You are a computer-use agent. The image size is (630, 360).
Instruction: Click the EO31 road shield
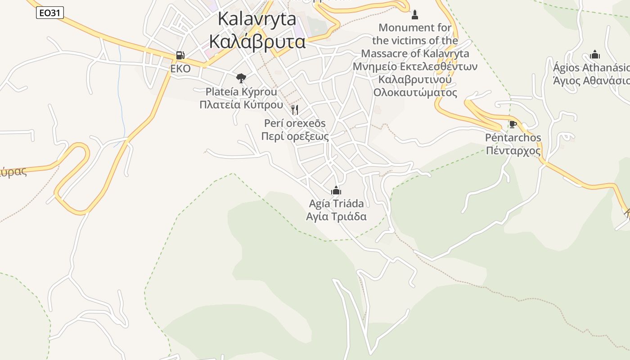pos(49,13)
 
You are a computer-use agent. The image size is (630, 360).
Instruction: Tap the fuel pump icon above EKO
pos(180,55)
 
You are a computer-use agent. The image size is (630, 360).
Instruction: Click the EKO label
pos(180,69)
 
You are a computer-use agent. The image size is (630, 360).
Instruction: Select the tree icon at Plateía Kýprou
pos(241,78)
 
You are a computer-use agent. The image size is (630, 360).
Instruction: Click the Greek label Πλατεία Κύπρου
pos(241,105)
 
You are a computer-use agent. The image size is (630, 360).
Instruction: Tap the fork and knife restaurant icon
pos(295,109)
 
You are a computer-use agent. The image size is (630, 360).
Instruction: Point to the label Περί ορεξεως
pos(295,136)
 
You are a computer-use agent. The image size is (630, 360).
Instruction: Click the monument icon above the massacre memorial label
pos(415,15)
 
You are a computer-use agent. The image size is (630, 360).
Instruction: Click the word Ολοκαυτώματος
pos(415,93)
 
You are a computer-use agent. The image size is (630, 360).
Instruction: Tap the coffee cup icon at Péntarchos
pos(513,124)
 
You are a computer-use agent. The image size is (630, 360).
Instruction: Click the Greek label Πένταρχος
pos(513,151)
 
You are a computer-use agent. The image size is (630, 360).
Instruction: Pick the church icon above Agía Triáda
pos(336,190)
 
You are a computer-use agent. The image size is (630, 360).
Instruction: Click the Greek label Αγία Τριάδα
pos(336,216)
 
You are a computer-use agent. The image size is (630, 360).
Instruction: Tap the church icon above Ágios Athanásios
pos(595,55)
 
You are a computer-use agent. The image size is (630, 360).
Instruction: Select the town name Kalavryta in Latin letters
pos(257,19)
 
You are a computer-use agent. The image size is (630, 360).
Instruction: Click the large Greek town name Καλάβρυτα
pos(257,42)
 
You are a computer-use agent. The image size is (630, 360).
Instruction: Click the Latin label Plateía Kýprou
pos(241,92)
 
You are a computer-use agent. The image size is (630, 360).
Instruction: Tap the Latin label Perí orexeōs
pos(295,123)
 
